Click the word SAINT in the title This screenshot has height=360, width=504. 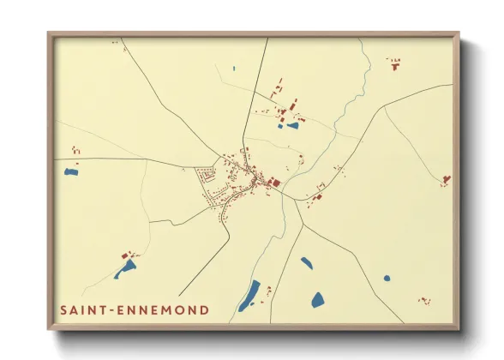tap(84, 309)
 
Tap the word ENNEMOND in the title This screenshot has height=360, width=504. tap(165, 309)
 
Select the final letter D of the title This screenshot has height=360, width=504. tap(204, 309)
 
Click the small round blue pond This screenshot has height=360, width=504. tap(387, 278)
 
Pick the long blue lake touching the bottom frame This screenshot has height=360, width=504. tap(249, 296)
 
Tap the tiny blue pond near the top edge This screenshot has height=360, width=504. tap(233, 68)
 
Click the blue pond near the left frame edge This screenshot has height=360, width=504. tap(71, 171)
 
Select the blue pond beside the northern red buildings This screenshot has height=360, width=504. tap(293, 125)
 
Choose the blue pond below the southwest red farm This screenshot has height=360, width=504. tap(126, 268)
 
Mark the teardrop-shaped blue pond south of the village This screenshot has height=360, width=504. tap(306, 262)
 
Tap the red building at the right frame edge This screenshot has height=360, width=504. tap(446, 179)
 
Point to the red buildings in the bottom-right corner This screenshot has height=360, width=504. tap(423, 301)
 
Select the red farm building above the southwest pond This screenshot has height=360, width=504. tap(130, 255)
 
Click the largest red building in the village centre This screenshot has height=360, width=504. tap(275, 182)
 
